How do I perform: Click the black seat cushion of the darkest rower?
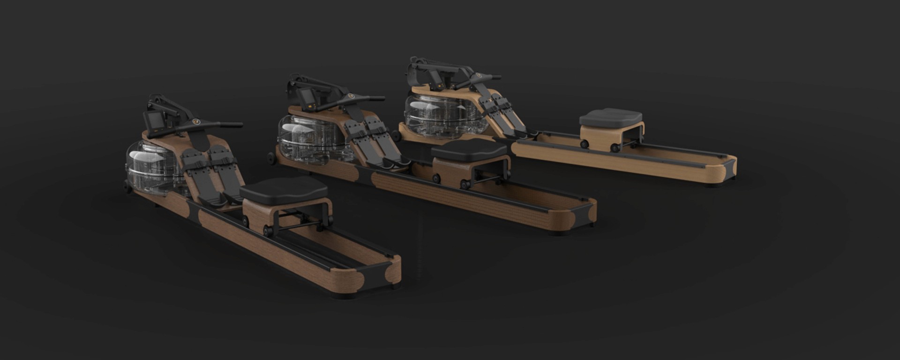click(283, 189)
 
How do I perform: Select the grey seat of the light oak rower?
click(610, 117)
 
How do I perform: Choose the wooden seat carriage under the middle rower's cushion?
click(450, 169)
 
